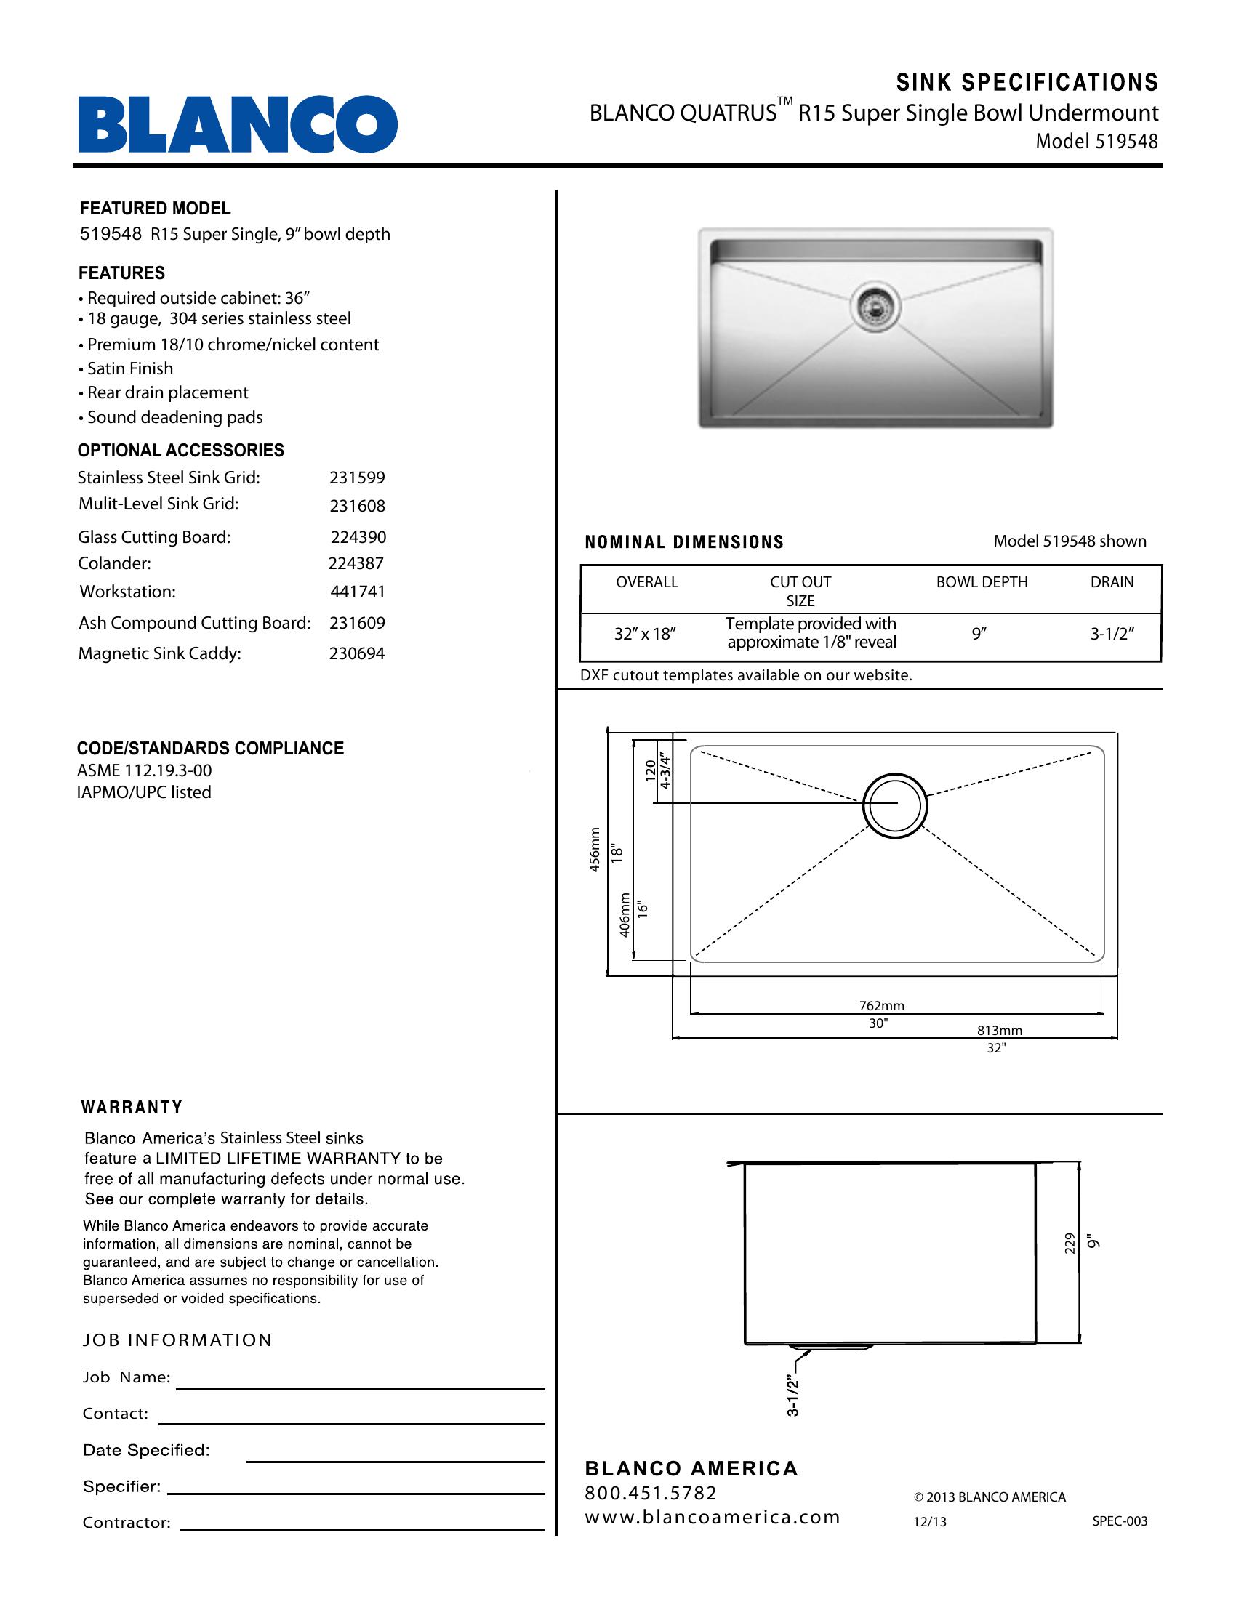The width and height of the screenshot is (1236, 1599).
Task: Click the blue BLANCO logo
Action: [x=238, y=124]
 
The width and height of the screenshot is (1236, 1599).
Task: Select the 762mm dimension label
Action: [x=882, y=1006]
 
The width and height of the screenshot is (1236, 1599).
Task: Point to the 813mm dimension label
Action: [x=1000, y=1031]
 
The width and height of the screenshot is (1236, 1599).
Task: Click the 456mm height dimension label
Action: [x=595, y=849]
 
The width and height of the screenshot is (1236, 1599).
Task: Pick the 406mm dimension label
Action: [x=625, y=915]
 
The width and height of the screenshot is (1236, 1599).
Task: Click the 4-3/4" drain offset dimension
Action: [x=665, y=771]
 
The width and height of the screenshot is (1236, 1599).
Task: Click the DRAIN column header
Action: [x=1112, y=582]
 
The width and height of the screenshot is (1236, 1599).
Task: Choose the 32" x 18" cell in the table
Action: [x=644, y=634]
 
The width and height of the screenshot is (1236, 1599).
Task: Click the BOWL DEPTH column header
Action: [x=982, y=582]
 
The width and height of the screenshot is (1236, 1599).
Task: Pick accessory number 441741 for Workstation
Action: [x=357, y=592]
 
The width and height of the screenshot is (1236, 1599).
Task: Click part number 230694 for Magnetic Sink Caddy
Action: [x=356, y=654]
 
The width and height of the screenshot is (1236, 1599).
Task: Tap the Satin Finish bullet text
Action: [x=129, y=369]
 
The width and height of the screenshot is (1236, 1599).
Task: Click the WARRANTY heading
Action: [x=132, y=1108]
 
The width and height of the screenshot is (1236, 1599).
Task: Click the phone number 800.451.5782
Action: [x=651, y=1493]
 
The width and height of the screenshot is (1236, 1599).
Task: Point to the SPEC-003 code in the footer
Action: [x=1120, y=1521]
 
